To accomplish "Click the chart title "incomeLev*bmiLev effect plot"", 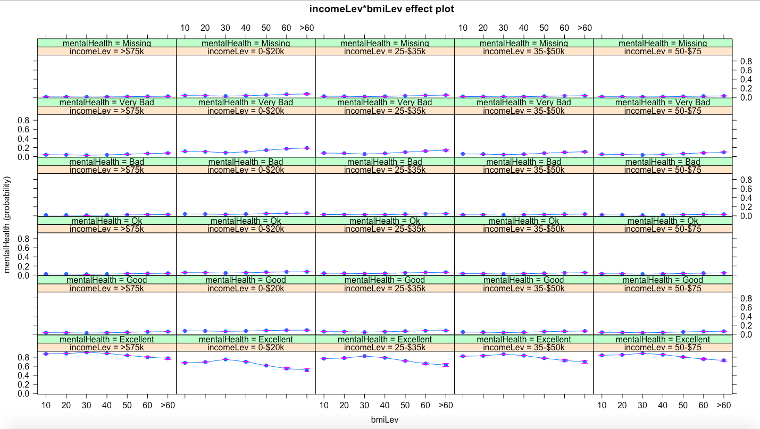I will pos(381,9).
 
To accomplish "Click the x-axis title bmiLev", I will pos(385,419).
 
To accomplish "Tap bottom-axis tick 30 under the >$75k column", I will pos(86,406).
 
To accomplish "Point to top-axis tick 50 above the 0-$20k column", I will pos(266,28).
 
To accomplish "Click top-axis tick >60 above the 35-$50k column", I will pos(584,28).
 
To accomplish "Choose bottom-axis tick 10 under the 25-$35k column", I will pos(324,406).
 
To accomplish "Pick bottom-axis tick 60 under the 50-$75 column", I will pos(703,406).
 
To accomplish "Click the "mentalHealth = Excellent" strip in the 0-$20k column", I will pos(246,339).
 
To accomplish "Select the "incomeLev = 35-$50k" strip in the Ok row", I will pos(523,229).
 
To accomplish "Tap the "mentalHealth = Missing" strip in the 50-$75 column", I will pos(663,43).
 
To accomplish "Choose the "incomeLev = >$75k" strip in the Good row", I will pos(107,288).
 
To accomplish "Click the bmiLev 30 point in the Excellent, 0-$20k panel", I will pos(226,359).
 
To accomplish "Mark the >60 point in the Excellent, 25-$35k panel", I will pos(446,365).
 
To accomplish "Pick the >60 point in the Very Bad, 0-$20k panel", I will pos(307,147).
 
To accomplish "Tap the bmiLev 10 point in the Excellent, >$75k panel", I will pos(46,354).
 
